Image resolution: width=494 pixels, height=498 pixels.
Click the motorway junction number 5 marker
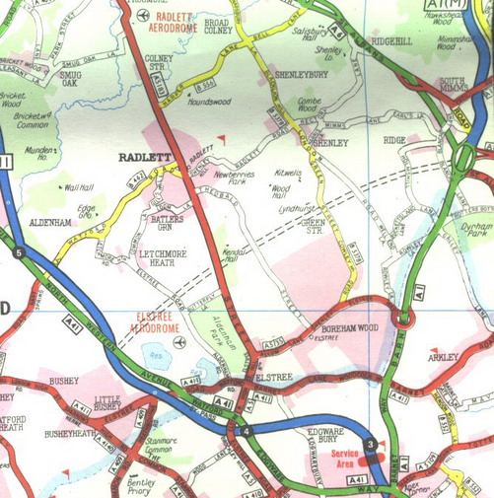click(18, 253)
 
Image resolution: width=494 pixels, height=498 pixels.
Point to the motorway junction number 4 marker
click(246, 430)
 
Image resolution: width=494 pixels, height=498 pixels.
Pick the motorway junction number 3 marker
click(370, 447)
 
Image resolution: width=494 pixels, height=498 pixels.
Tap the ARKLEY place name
click(443, 359)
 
